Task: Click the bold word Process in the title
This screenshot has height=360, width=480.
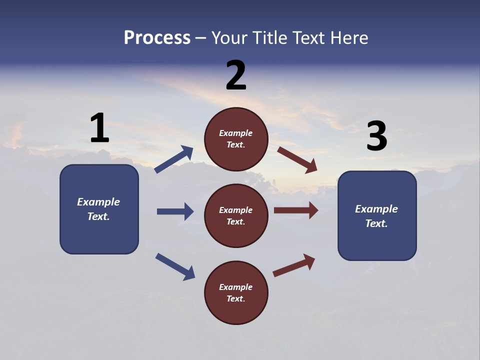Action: click(x=157, y=38)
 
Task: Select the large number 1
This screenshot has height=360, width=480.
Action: click(x=99, y=128)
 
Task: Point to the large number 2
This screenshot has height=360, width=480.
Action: click(x=236, y=75)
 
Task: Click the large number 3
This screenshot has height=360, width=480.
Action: click(x=376, y=136)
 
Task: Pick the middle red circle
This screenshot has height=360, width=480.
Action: click(x=236, y=215)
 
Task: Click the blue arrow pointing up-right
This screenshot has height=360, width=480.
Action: click(x=174, y=159)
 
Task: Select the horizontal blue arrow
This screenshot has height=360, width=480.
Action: click(x=175, y=211)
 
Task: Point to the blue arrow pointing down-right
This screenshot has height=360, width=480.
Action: click(x=175, y=266)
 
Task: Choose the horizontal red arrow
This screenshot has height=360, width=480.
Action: click(x=296, y=210)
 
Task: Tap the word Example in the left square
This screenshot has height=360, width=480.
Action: click(x=98, y=202)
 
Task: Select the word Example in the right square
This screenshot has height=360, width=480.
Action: click(x=376, y=209)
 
